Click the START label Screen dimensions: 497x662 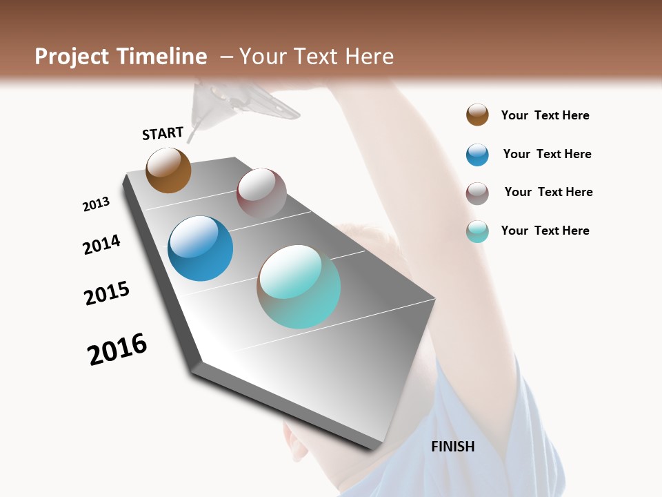click(x=163, y=133)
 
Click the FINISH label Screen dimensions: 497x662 click(x=453, y=447)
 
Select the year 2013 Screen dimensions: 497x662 click(x=96, y=204)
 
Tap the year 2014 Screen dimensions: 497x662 click(x=101, y=244)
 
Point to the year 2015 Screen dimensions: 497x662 click(x=107, y=293)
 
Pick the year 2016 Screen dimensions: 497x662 click(x=117, y=349)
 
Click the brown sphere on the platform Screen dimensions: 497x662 click(x=168, y=170)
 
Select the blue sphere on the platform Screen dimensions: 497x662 click(x=200, y=248)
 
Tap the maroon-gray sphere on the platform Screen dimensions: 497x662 click(x=261, y=193)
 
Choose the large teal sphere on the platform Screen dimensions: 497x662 click(x=299, y=286)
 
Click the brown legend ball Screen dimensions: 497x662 click(x=477, y=115)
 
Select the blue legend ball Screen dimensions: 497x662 click(x=477, y=155)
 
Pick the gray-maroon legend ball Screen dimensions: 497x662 click(x=477, y=193)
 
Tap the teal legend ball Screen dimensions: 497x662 click(x=477, y=231)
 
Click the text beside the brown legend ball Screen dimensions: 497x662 click(x=545, y=115)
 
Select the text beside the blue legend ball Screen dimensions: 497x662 click(x=547, y=154)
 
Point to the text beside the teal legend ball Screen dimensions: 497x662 click(x=545, y=231)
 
